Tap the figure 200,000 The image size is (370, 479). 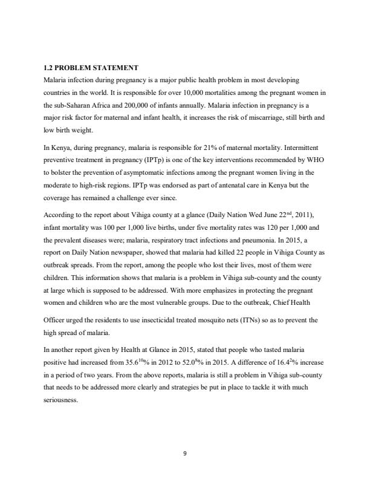[x=147, y=103]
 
